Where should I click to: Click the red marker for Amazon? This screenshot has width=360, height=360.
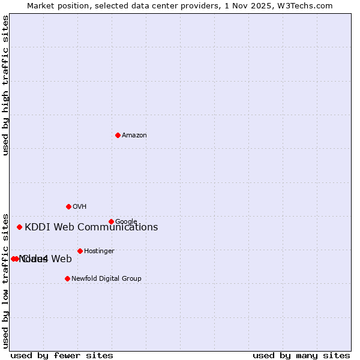pos(118,135)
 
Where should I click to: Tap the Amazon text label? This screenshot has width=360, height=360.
pos(134,136)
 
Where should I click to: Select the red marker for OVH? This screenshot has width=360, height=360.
pos(68,206)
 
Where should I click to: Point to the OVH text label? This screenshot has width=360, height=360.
pos(79,207)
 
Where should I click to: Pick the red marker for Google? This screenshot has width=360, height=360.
pos(111,221)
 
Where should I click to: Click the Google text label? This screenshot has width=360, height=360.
pos(126,221)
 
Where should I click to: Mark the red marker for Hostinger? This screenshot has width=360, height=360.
pos(80,251)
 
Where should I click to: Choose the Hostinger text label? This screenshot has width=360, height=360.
pos(99,251)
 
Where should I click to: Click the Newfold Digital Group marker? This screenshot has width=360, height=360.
pos(67,278)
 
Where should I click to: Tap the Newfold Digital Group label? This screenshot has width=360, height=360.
pos(106,279)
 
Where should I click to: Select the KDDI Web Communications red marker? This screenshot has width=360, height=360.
pos(19,227)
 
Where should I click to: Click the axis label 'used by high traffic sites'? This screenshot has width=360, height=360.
pos(5,86)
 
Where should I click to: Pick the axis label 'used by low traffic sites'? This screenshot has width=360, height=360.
pos(5,280)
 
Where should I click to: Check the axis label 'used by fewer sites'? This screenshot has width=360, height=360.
pos(62,355)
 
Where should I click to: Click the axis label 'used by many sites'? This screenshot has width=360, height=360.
pos(301,355)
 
